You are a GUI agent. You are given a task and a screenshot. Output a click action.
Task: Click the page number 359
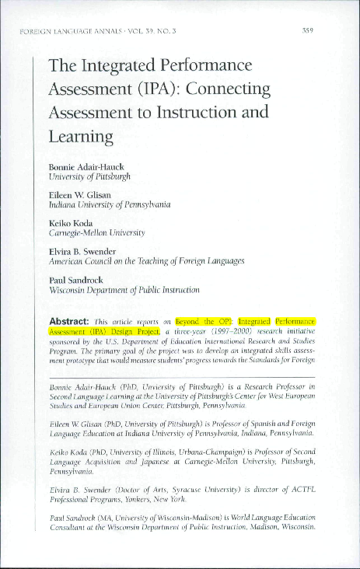coord(307,31)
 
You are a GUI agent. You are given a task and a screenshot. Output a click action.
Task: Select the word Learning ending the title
coord(81,136)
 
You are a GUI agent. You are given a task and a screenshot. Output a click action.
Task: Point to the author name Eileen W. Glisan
coord(79,194)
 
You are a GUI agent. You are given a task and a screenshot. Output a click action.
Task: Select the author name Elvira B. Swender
coord(83,250)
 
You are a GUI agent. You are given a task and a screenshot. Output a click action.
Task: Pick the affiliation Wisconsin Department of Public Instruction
coord(124,289)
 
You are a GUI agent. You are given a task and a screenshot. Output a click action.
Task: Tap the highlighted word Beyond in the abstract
coord(188,320)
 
